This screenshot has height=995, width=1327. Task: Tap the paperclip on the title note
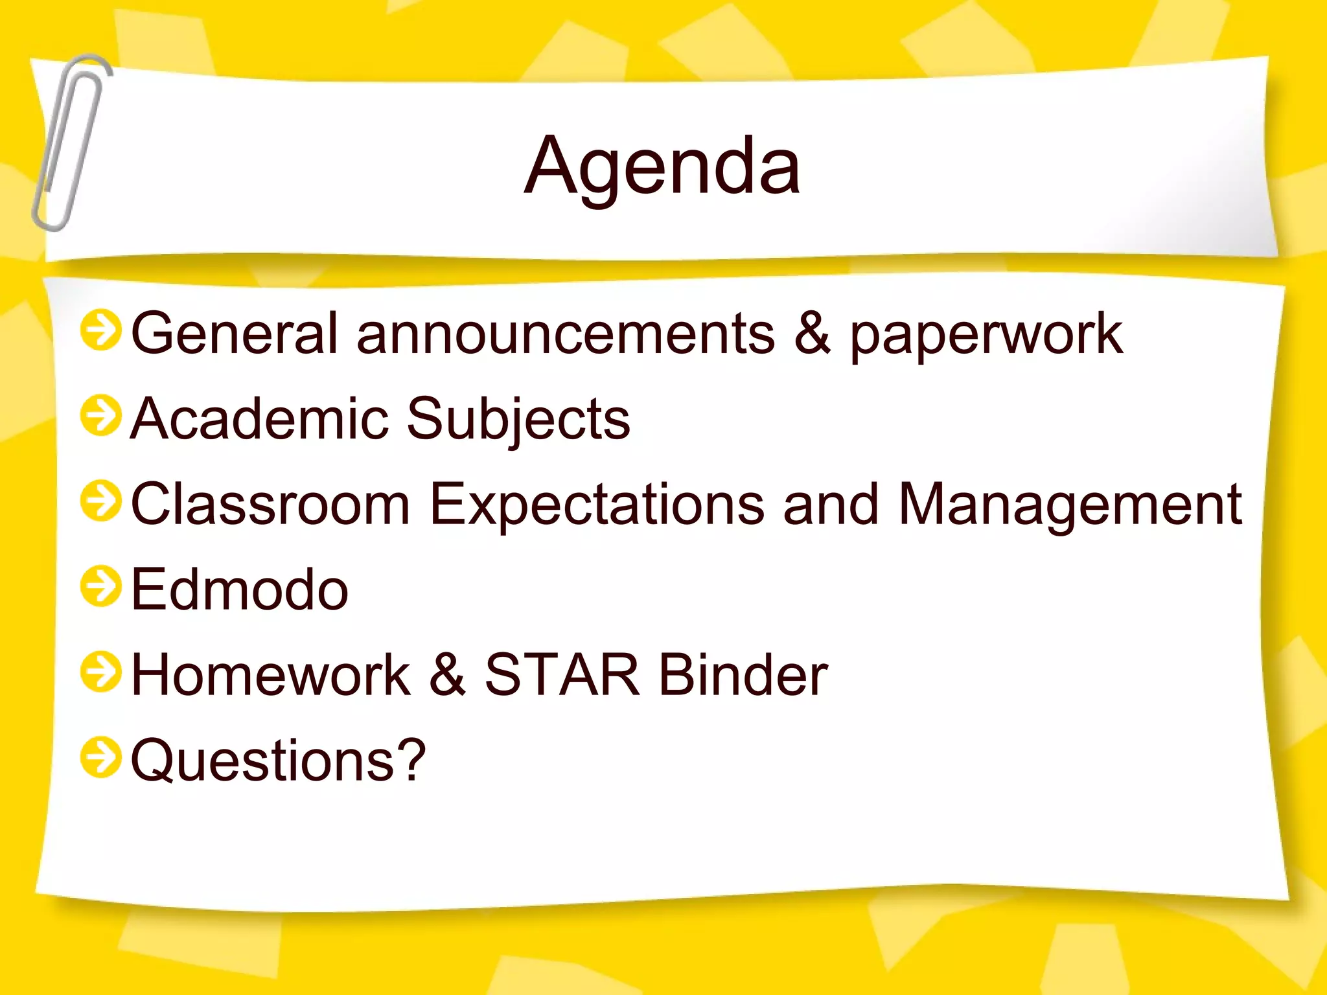tap(70, 143)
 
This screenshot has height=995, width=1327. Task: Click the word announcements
tap(565, 334)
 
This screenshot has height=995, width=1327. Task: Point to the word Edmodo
tap(240, 589)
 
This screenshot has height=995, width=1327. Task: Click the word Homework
tap(271, 675)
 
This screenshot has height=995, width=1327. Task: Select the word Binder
tap(743, 675)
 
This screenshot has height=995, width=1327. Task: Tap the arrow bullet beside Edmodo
tap(100, 586)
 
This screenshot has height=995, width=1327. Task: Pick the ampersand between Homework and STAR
tap(447, 675)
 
